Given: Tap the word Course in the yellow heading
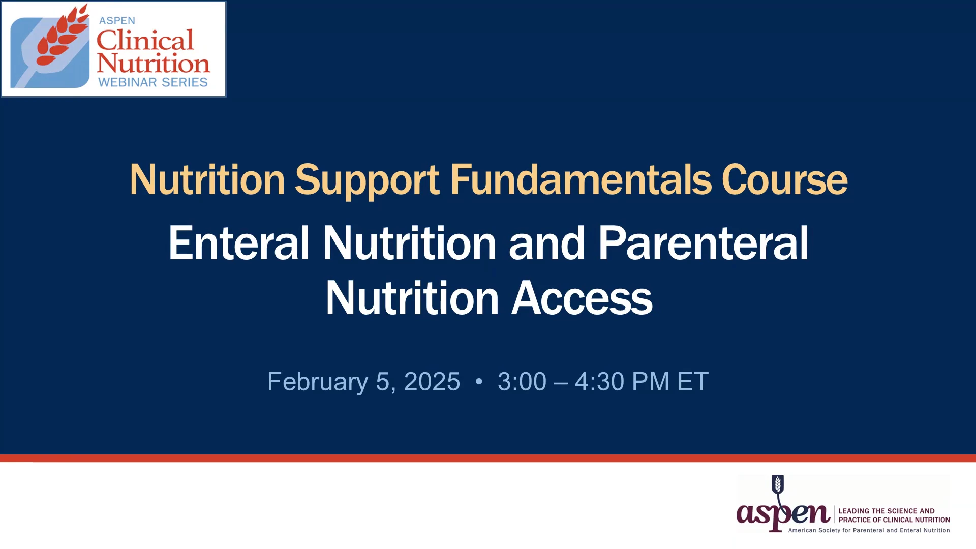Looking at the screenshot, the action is tap(784, 179).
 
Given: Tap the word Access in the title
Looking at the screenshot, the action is tap(582, 298).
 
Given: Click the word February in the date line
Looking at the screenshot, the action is tap(318, 382).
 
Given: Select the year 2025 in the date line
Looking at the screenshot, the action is tap(432, 382).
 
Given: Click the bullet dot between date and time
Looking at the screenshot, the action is tap(479, 381).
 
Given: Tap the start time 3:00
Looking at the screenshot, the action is tap(522, 382).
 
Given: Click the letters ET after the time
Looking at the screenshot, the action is tap(693, 382).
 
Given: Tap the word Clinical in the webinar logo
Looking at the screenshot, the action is tap(145, 40).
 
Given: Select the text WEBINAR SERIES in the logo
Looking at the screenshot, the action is tap(153, 82).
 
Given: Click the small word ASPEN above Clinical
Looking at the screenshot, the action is tap(117, 21).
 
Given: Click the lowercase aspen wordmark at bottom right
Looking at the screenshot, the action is tap(783, 515).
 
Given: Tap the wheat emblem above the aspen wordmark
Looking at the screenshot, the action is tap(778, 484).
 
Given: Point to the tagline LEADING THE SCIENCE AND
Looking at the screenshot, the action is tap(887, 511).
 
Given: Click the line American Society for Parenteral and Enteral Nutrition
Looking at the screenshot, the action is tap(869, 530).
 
